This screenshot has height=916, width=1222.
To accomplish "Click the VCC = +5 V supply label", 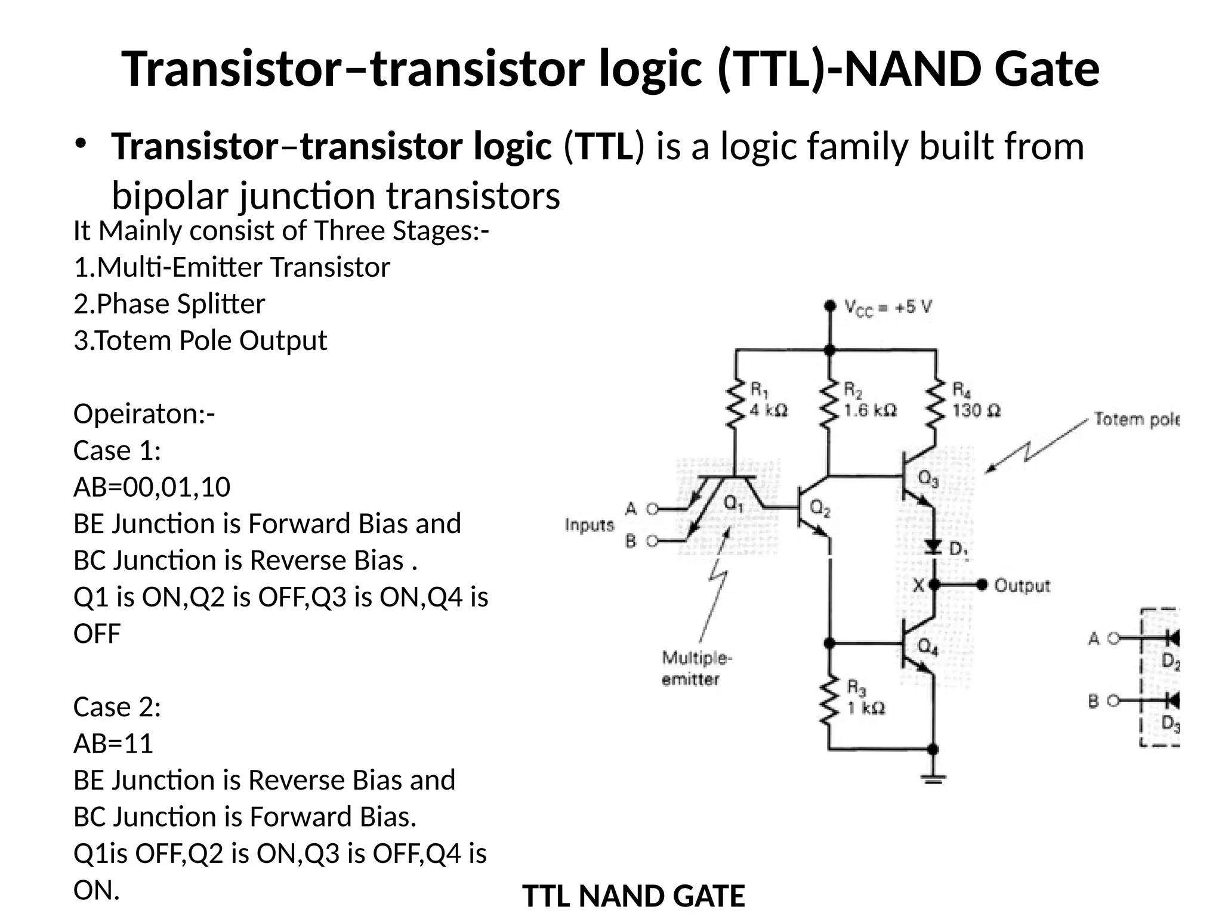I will tap(888, 308).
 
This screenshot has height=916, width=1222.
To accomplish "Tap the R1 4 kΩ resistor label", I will tap(768, 400).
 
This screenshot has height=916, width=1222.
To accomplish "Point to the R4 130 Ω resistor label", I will tap(975, 400).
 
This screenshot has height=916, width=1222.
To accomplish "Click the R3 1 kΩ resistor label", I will tap(865, 698).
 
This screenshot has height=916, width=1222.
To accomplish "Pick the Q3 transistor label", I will tap(928, 478).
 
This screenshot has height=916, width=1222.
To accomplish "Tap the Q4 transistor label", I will tap(928, 646).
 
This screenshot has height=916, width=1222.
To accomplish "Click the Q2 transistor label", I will tap(820, 509).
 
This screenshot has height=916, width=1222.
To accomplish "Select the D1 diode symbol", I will tap(934, 546).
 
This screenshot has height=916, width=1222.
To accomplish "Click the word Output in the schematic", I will tap(1022, 586).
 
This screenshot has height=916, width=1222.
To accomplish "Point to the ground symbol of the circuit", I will tap(933, 778).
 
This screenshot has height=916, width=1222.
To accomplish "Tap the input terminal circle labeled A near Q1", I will tap(652, 509).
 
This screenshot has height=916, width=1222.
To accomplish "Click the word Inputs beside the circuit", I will tap(590, 525).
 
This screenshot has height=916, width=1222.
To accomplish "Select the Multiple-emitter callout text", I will tap(696, 669).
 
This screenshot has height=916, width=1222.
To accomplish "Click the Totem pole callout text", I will tap(1136, 420).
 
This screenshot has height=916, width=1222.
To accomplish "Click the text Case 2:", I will tap(117, 707).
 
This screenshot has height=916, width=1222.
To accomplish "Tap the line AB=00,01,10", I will tap(152, 487).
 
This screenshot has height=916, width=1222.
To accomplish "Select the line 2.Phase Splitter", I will tap(169, 304).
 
